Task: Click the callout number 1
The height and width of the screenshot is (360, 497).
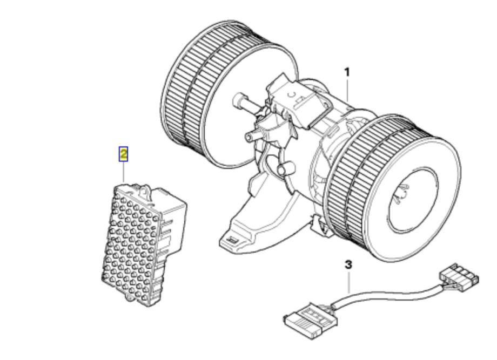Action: (x=347, y=72)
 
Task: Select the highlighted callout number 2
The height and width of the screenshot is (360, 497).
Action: (x=123, y=154)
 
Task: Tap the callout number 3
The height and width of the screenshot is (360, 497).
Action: (x=348, y=264)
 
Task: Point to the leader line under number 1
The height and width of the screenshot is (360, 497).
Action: (x=348, y=90)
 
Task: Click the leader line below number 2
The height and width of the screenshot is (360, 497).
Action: (x=123, y=172)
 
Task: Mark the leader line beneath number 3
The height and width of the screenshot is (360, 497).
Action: (x=349, y=282)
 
